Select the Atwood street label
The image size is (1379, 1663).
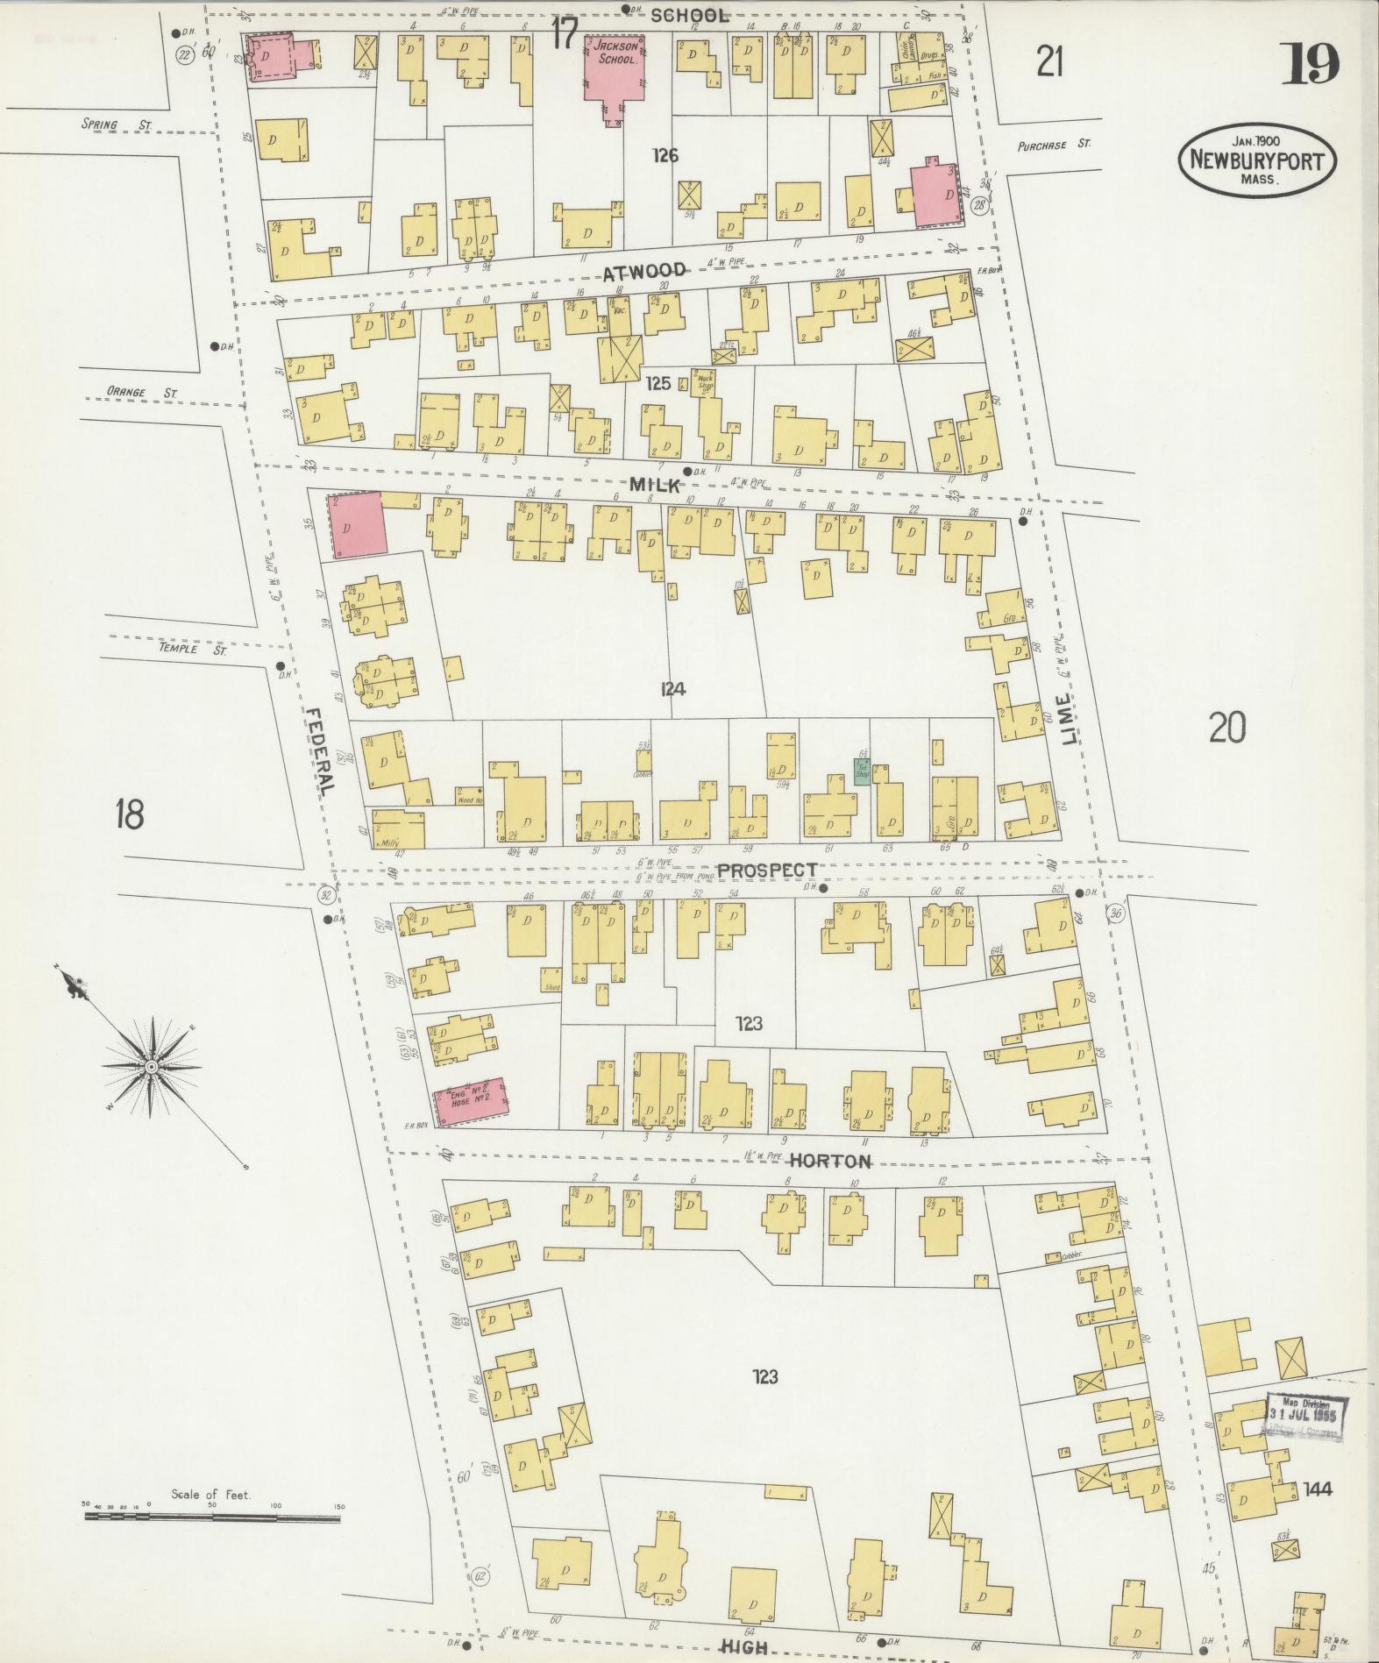click(x=644, y=273)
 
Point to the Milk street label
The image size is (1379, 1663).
click(x=654, y=485)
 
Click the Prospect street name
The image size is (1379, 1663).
click(x=767, y=871)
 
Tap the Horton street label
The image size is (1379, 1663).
click(x=829, y=1162)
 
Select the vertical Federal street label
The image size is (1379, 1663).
click(x=321, y=740)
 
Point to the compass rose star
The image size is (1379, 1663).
click(x=151, y=1066)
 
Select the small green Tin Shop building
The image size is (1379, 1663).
click(x=863, y=771)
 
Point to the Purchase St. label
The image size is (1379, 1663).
click(x=1054, y=146)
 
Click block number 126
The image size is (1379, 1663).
click(x=666, y=156)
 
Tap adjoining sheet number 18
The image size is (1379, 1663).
click(x=129, y=815)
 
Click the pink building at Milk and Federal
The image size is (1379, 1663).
click(x=357, y=525)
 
